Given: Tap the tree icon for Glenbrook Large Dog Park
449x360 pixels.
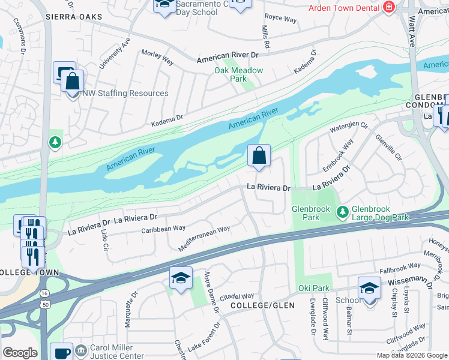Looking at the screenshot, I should (x=342, y=211).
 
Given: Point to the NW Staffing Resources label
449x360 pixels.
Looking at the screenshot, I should (x=125, y=93).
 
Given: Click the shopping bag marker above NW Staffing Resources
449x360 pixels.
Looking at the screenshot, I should (x=72, y=81).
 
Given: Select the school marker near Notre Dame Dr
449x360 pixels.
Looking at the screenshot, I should (x=181, y=278).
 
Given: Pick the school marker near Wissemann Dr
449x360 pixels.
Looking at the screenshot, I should (x=369, y=288).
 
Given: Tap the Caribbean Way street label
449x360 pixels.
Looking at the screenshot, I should (x=163, y=229).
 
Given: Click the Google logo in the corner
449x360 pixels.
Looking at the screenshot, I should (x=20, y=353).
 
